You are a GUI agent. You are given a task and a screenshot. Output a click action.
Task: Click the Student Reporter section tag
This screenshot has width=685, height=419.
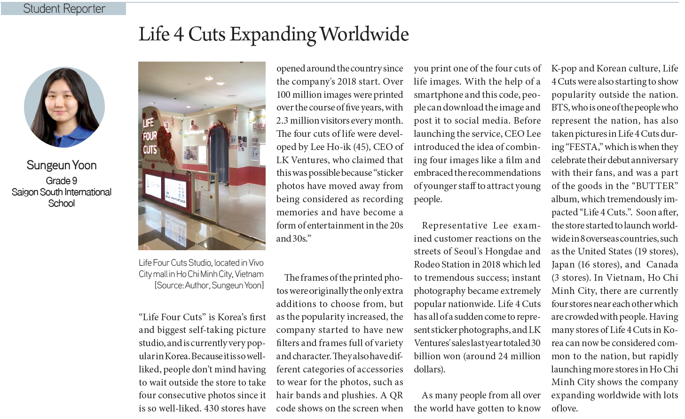click(x=63, y=8)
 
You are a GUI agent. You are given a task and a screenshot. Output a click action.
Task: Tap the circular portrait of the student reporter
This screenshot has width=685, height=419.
click(x=64, y=107)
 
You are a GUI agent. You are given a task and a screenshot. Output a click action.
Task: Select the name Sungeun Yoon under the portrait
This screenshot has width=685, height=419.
click(x=62, y=165)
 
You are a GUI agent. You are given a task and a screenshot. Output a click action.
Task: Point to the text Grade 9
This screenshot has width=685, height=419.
click(x=62, y=181)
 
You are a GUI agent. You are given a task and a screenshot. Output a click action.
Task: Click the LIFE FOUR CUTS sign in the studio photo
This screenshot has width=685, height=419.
click(x=150, y=136)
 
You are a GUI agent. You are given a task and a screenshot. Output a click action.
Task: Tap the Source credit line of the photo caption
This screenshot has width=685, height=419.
click(x=209, y=285)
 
